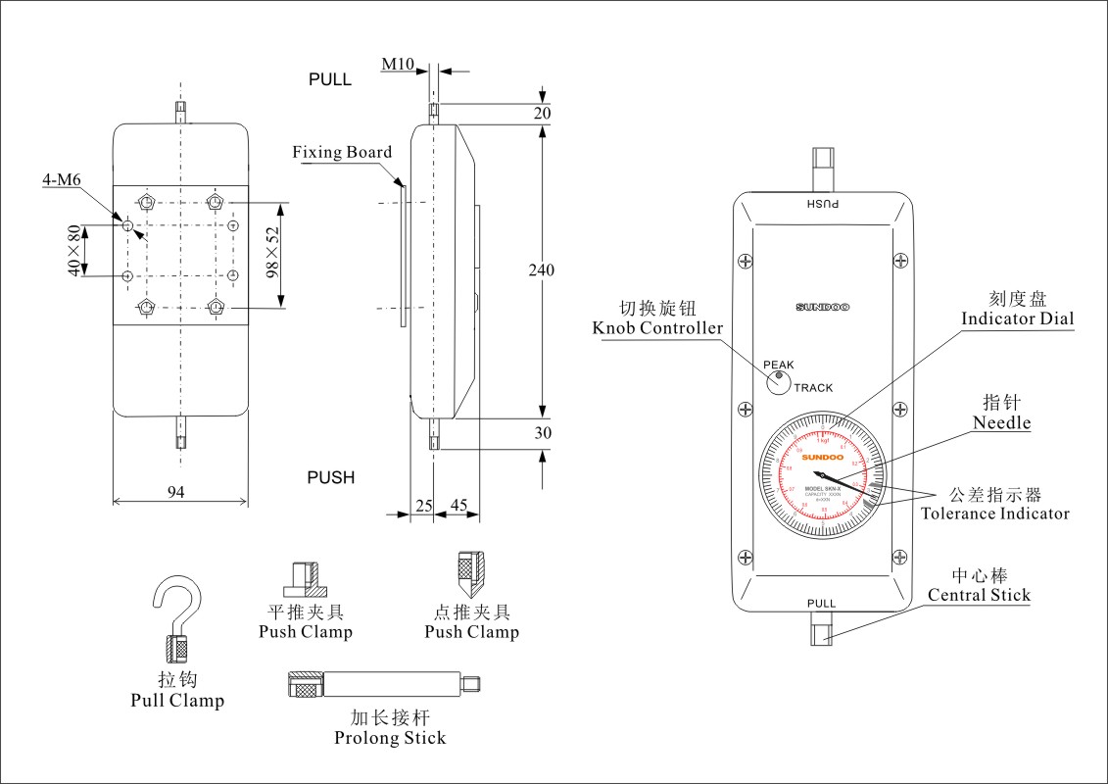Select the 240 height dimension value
(541, 270)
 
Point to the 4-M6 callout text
(61, 180)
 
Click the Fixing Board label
(342, 152)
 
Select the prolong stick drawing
(382, 684)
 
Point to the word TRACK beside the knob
(813, 388)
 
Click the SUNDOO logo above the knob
(822, 308)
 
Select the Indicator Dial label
(1017, 318)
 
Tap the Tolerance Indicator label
(994, 514)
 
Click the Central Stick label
(979, 595)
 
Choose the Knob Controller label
(657, 327)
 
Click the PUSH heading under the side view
(331, 478)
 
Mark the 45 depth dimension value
(458, 505)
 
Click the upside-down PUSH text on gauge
(822, 204)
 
